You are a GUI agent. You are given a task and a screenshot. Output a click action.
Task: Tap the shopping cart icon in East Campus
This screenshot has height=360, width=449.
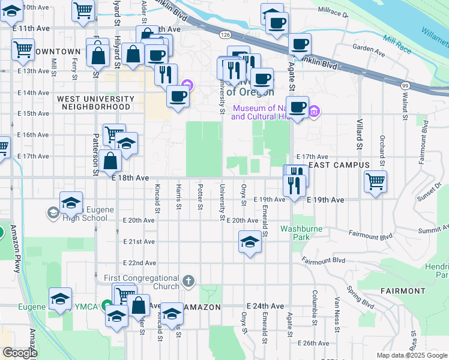[375, 181]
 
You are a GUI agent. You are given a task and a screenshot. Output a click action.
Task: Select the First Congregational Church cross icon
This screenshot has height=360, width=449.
[188, 281]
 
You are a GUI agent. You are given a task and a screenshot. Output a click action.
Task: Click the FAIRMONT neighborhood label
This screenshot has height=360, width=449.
[402, 291]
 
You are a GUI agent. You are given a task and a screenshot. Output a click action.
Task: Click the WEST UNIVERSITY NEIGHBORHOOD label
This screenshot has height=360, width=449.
[96, 103]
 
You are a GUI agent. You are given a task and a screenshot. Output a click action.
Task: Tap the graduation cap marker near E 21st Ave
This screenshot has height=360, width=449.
[250, 242]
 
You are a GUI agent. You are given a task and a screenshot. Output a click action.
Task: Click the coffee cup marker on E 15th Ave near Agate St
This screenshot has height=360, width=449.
[297, 107]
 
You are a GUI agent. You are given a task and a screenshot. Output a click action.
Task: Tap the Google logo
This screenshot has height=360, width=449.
[20, 353]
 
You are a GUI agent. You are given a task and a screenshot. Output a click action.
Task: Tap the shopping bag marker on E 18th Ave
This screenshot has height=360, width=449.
[111, 161]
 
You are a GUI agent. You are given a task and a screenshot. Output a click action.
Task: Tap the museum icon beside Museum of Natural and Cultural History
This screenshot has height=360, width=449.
[314, 111]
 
